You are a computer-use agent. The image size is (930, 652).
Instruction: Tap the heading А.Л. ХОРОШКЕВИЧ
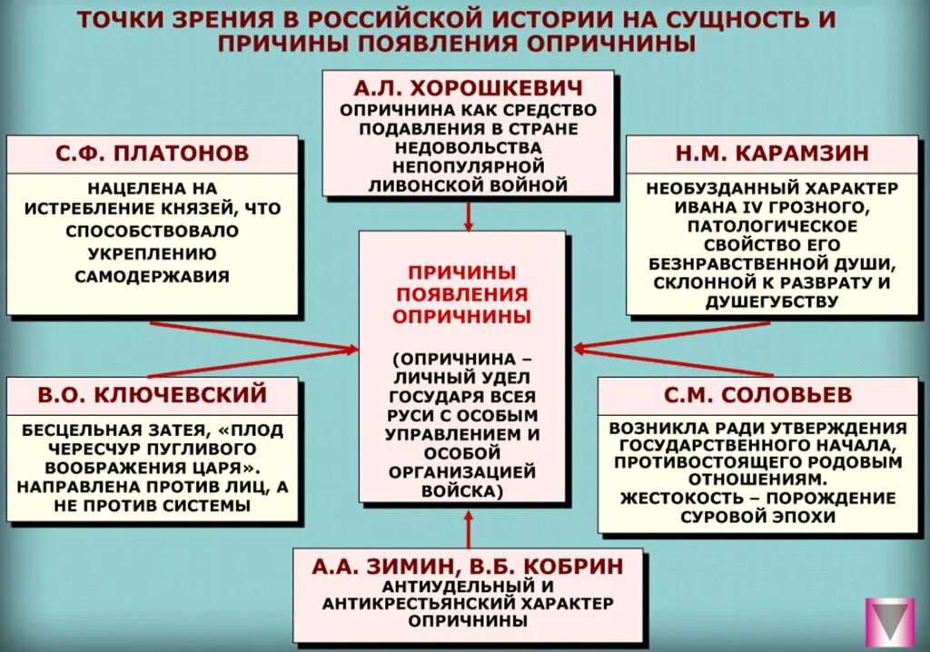(468, 88)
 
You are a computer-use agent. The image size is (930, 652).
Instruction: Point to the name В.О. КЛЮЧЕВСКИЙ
(153, 394)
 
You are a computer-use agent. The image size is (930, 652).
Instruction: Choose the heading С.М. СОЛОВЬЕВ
(761, 394)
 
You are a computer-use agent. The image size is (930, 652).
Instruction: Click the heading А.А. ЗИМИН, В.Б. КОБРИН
(468, 566)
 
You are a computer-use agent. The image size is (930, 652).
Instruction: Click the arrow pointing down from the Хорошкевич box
(469, 216)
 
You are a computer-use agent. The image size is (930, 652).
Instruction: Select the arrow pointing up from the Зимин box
(469, 527)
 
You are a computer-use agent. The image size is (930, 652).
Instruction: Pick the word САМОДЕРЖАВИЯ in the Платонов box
(153, 274)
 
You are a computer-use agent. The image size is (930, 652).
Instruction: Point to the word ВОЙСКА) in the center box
(462, 491)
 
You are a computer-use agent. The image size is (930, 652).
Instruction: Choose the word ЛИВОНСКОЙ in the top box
(422, 185)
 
